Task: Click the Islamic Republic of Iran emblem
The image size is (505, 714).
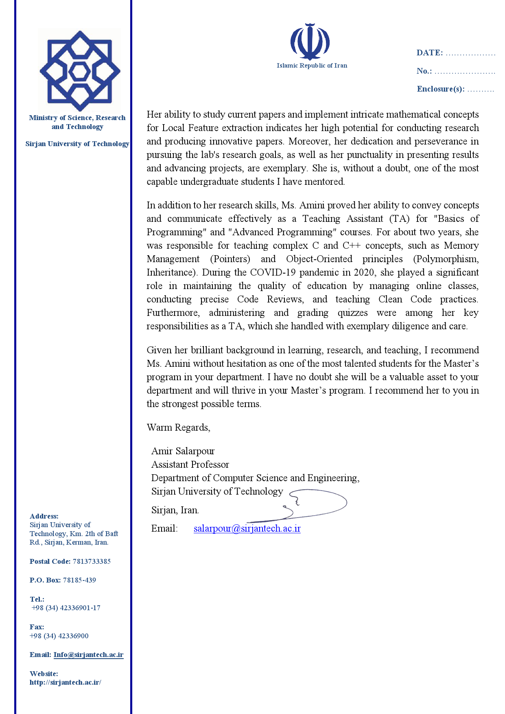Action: tap(310, 42)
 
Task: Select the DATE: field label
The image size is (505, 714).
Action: tap(429, 53)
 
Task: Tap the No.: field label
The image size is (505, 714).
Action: tap(424, 71)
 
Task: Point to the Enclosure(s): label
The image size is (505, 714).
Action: tap(440, 89)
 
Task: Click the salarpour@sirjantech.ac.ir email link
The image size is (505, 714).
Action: tap(247, 528)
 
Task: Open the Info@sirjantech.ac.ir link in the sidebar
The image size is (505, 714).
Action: tap(88, 655)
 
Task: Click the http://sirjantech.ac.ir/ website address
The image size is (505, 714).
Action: tap(65, 682)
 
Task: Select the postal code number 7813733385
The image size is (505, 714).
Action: tap(92, 561)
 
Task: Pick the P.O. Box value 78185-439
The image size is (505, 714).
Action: tap(79, 580)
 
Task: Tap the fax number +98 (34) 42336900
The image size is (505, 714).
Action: tap(59, 636)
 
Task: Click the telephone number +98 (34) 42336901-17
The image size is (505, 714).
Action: tap(66, 608)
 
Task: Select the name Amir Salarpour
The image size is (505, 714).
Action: tap(183, 451)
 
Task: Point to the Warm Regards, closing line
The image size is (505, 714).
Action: tap(178, 427)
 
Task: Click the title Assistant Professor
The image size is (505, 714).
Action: tap(190, 464)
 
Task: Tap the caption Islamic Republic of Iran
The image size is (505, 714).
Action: tap(312, 66)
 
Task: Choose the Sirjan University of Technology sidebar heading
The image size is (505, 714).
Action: tap(77, 144)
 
